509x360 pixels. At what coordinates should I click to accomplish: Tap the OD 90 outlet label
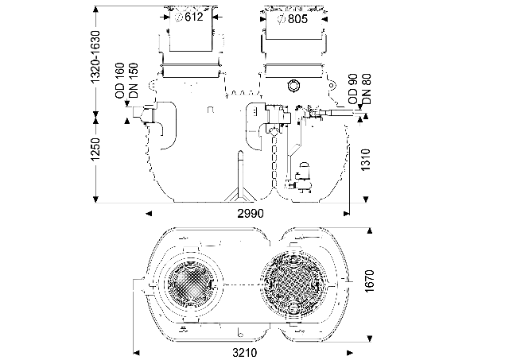click(x=352, y=87)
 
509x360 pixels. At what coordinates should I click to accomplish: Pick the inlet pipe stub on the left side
click(x=143, y=119)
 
